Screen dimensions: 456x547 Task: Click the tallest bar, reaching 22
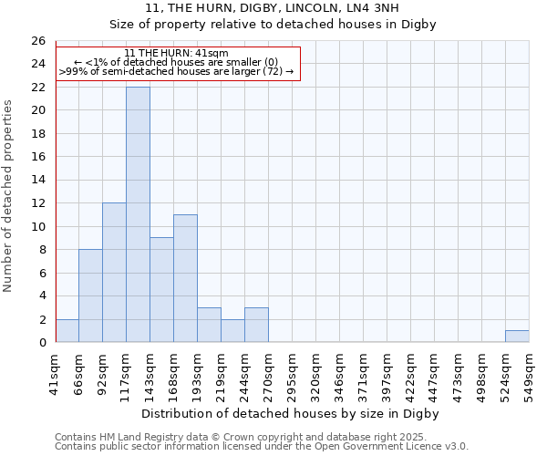click(x=138, y=214)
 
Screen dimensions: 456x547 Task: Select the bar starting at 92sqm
click(x=114, y=273)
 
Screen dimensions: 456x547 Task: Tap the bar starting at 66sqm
click(x=90, y=295)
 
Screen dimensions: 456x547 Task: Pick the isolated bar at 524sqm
click(x=517, y=337)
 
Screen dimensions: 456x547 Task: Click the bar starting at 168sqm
click(x=185, y=278)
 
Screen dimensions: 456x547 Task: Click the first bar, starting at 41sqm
click(x=67, y=331)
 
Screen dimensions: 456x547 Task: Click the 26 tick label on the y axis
click(x=37, y=41)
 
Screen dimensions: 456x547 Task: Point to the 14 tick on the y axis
click(x=37, y=181)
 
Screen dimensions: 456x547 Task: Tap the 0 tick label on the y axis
click(x=41, y=343)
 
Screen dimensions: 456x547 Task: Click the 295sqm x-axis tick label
click(x=293, y=374)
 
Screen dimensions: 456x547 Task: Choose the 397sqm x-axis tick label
click(x=387, y=374)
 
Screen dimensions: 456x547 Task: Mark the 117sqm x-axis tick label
click(x=127, y=374)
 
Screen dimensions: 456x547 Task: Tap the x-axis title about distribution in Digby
click(x=292, y=413)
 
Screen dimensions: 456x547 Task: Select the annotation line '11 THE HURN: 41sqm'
click(x=176, y=53)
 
